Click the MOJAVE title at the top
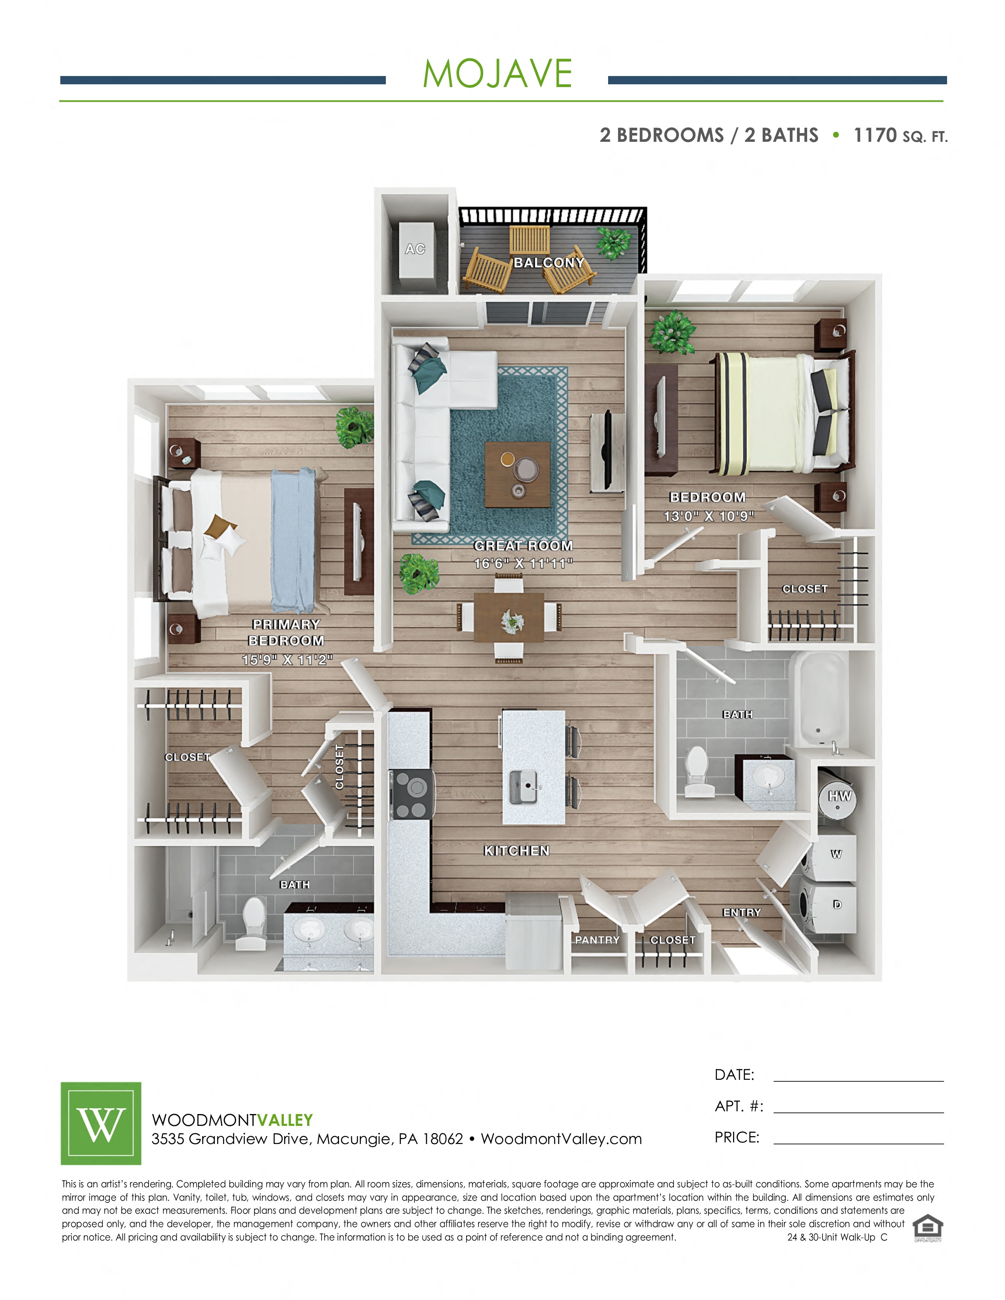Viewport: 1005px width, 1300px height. pos(497,74)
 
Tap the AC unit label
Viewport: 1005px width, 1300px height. pos(415,249)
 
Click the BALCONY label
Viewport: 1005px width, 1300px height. pos(549,262)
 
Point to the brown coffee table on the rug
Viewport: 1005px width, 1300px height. pos(517,474)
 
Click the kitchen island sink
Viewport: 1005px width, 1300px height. pos(525,787)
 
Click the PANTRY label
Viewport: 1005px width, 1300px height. pos(597,940)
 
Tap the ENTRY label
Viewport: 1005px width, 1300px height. pos(742,912)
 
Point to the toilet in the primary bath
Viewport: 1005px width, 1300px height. pos(253,922)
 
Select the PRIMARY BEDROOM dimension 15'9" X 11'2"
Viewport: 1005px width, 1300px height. pos(287,659)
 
